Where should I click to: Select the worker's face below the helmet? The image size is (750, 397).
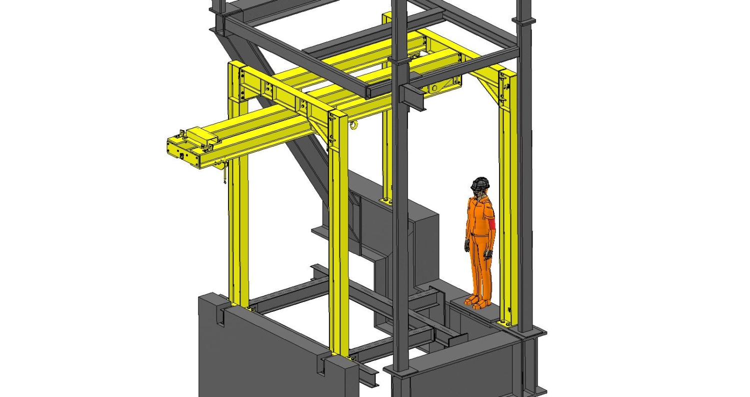coord(479,193)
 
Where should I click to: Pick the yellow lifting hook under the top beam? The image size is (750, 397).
coord(354,125)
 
